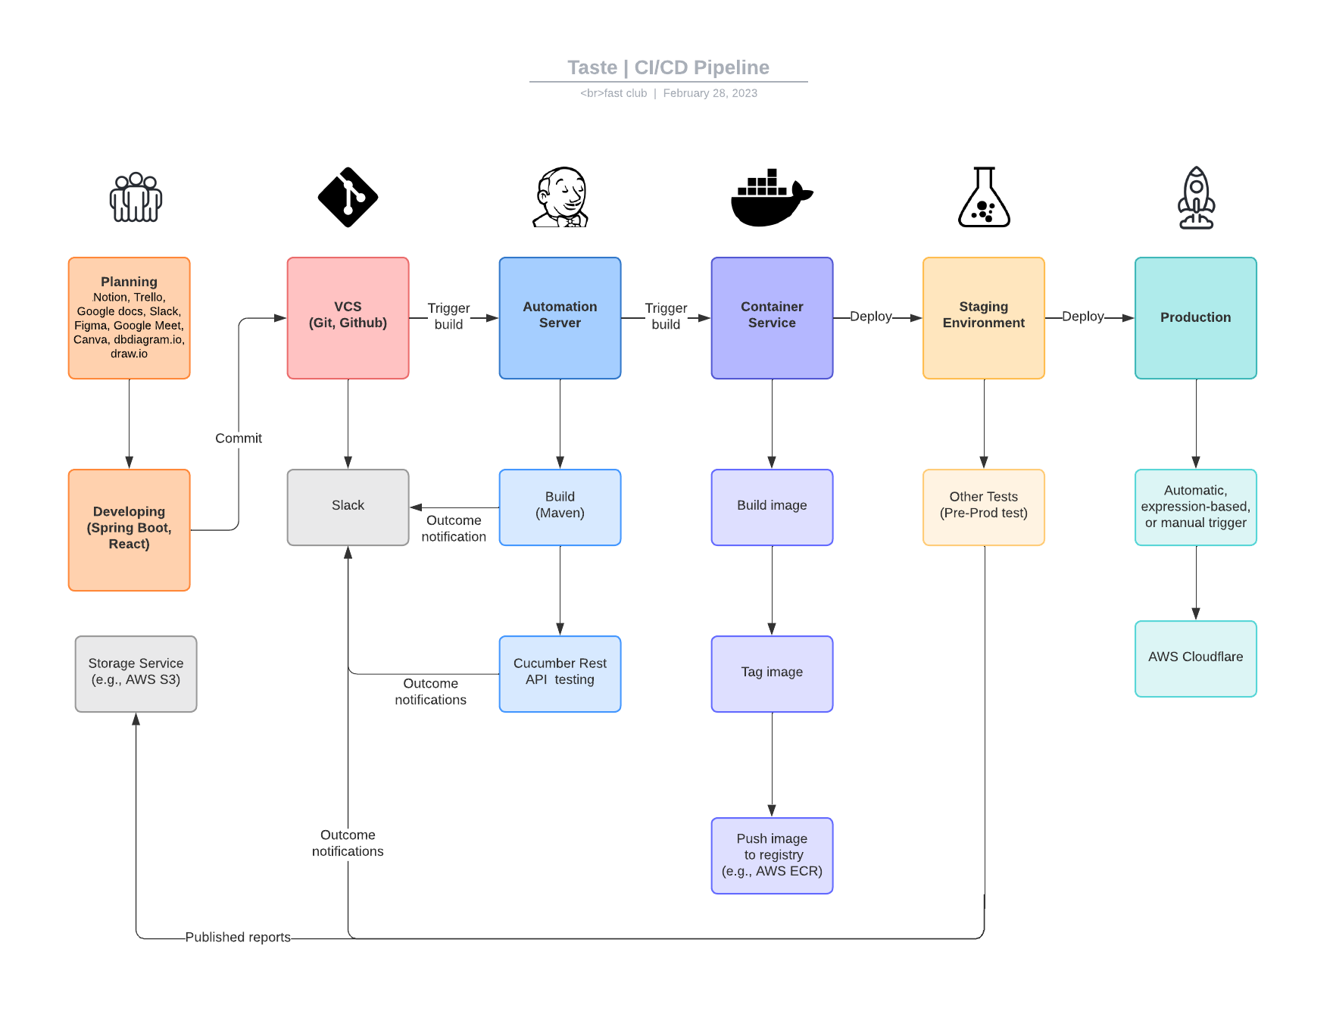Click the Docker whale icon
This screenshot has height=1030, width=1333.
(x=770, y=198)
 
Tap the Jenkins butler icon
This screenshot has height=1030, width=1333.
(x=560, y=197)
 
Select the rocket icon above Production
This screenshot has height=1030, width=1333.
(x=1196, y=198)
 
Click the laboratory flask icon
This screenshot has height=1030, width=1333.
(x=984, y=198)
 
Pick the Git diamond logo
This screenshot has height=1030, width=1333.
(x=348, y=197)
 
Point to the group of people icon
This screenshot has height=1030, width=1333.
(x=136, y=198)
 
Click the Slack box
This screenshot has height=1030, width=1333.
(x=348, y=507)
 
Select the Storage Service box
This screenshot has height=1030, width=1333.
(x=136, y=673)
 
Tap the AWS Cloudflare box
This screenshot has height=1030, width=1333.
(x=1195, y=658)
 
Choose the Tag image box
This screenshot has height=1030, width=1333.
(x=772, y=673)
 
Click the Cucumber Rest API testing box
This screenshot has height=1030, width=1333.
(x=560, y=673)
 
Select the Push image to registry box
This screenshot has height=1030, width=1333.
(x=772, y=855)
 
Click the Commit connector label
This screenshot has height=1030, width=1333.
(x=238, y=439)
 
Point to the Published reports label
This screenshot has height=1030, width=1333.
(x=238, y=937)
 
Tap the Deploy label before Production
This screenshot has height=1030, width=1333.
(x=1082, y=317)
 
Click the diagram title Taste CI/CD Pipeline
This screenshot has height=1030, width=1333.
(x=668, y=67)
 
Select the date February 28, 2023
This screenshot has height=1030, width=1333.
(x=710, y=93)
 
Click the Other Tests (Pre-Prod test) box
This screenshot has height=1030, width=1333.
(x=983, y=507)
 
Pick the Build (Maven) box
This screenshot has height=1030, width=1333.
(x=560, y=507)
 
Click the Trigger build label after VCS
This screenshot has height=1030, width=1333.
(x=448, y=317)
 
